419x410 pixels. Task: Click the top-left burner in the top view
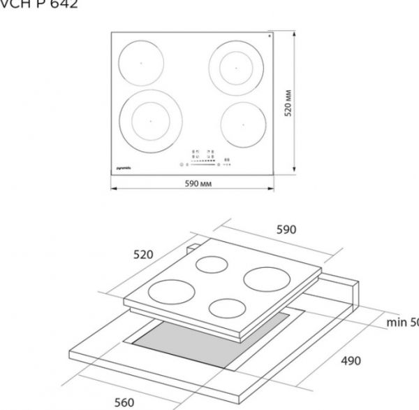tap(140, 64)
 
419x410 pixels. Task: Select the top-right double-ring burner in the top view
tap(236, 68)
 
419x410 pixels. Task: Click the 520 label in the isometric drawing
tap(144, 255)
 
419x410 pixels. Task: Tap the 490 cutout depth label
tap(351, 361)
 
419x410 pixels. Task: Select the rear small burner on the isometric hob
tap(214, 264)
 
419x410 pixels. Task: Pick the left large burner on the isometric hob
tap(170, 290)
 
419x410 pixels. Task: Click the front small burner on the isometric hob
tap(229, 308)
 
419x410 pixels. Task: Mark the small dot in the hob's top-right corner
tap(269, 34)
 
